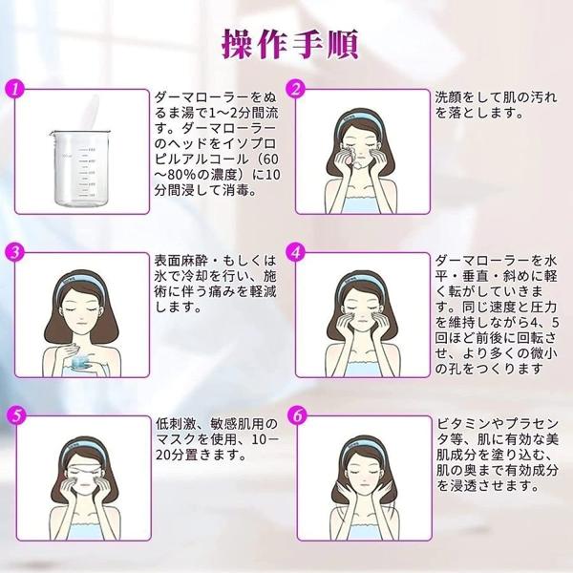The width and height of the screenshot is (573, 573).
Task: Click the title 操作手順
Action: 290,45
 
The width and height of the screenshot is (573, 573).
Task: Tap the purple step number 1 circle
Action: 15,90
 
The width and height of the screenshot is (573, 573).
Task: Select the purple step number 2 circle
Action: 296,90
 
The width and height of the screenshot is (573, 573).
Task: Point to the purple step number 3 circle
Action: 15,252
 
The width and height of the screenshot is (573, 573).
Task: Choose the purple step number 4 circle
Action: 296,252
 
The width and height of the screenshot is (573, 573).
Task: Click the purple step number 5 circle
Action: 16,415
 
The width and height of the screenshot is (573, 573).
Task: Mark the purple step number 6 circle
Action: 297,415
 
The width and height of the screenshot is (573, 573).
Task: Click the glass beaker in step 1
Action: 78,168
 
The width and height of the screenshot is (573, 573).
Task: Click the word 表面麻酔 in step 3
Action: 179,261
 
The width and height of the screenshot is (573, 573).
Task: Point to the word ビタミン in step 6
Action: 463,424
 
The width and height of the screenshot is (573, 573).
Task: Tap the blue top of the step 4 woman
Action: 361,369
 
